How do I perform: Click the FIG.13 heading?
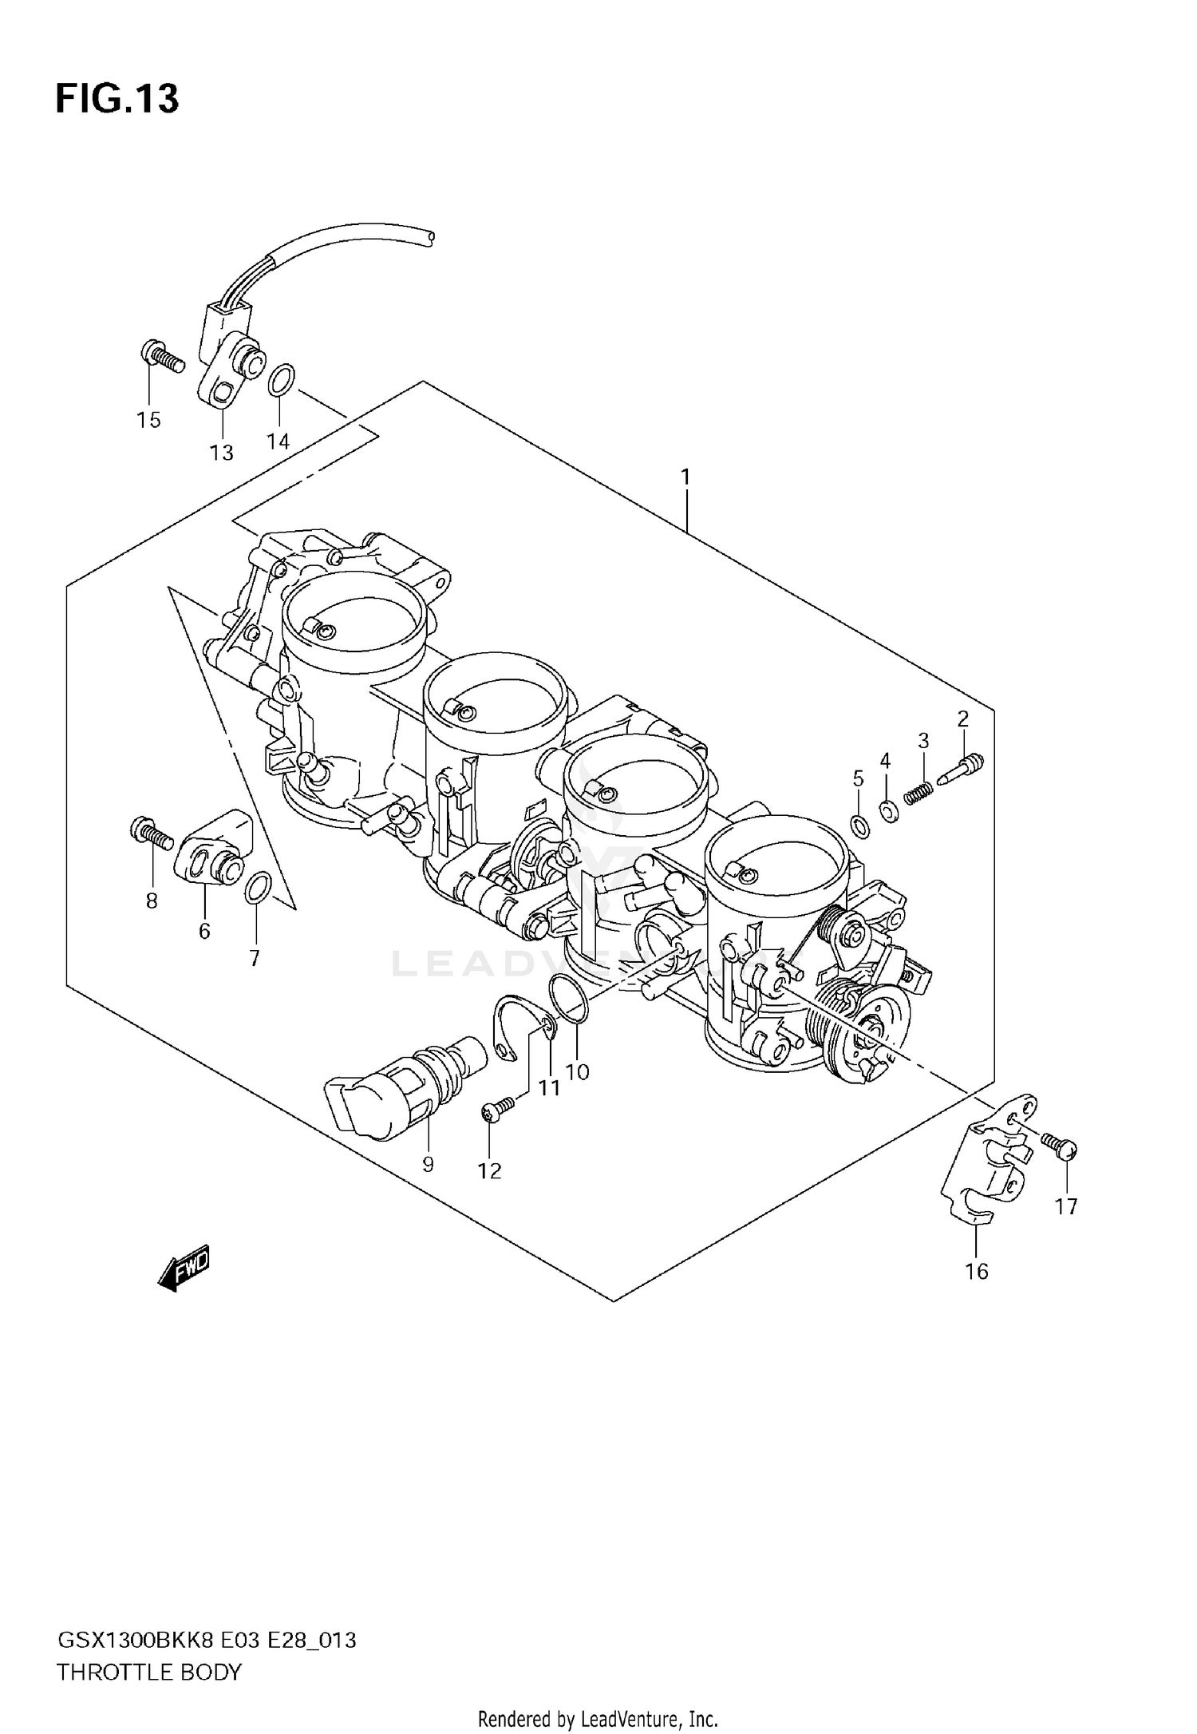[x=117, y=99]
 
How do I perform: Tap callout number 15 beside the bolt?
[x=148, y=420]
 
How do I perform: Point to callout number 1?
[x=685, y=477]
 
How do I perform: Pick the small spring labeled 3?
[x=918, y=792]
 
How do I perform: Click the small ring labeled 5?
[x=859, y=827]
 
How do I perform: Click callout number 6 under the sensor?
[x=204, y=931]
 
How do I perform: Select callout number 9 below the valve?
[x=428, y=1165]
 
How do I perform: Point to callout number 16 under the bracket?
[x=977, y=1271]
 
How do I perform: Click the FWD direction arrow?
[x=184, y=1265]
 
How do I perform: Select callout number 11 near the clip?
[x=549, y=1087]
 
